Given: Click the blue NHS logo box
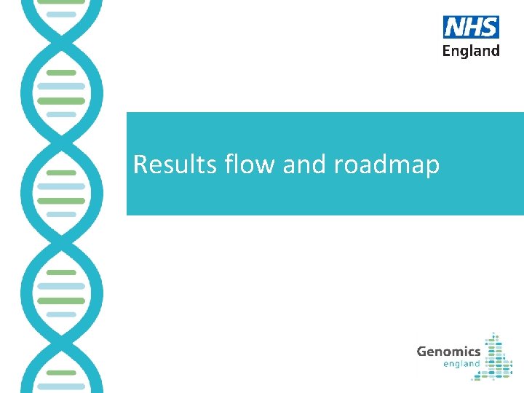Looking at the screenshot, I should (471, 28).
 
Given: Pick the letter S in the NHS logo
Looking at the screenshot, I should (488, 28).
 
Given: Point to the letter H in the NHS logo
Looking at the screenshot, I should (472, 28).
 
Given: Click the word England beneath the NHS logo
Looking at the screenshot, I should (471, 51).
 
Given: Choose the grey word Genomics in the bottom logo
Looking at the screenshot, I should (448, 352).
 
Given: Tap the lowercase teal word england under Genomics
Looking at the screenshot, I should (461, 363).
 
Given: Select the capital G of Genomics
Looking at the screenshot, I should (422, 351).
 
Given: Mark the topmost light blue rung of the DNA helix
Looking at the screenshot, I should (61, 14).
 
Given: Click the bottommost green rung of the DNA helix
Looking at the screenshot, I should (61, 373).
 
